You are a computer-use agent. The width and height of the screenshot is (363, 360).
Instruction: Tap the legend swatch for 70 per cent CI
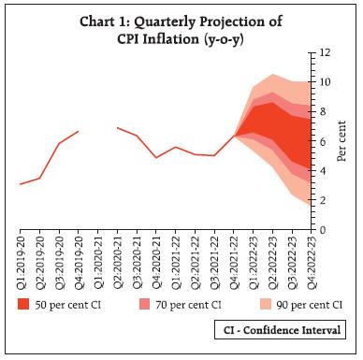[x=145, y=303]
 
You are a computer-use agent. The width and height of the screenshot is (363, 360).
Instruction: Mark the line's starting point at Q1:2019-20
[x=21, y=184]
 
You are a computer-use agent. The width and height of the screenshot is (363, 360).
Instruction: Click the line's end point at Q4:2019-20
[x=79, y=131]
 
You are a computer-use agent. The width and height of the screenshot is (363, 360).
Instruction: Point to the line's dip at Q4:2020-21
[x=156, y=157]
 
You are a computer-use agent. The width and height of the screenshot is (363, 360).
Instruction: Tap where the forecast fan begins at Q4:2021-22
[x=234, y=136]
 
